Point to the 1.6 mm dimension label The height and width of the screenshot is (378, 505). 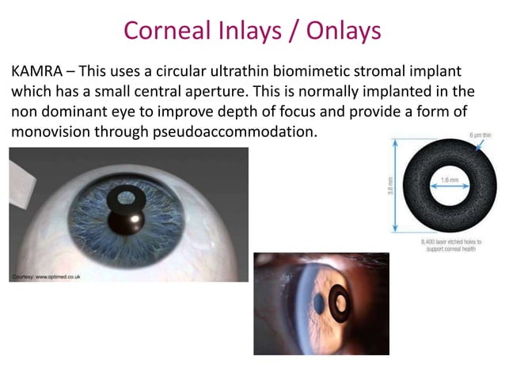click(451, 180)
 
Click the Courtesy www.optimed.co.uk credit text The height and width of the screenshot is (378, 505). click(46, 276)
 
